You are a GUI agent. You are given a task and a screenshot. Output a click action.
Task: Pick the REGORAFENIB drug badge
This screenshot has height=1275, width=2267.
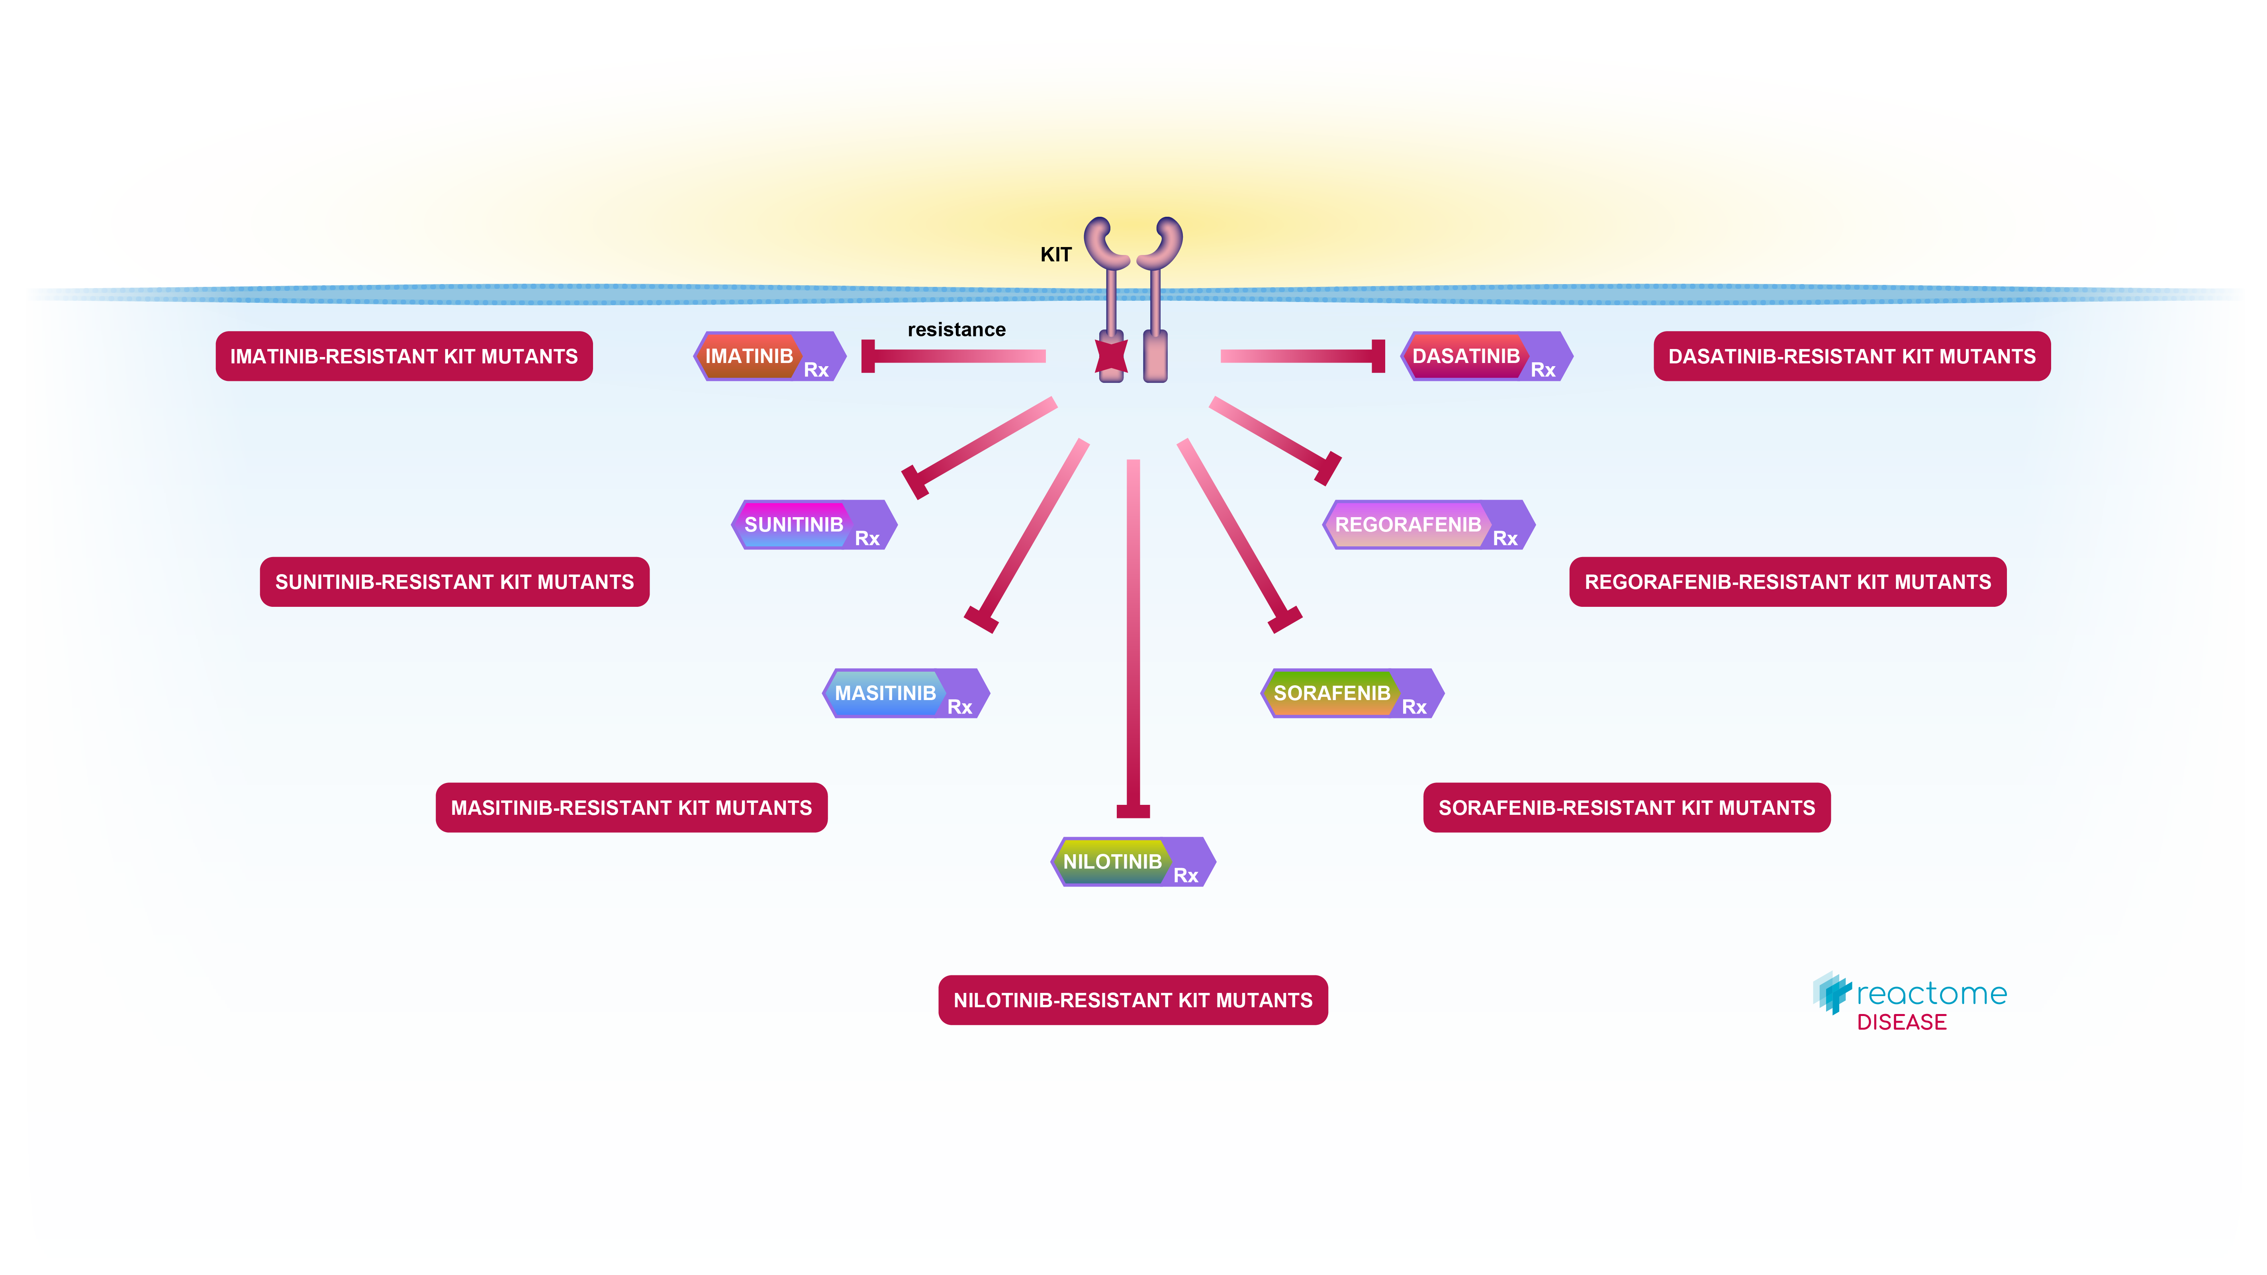[1427, 525]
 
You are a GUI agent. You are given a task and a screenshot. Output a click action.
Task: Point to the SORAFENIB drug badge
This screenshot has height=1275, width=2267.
[1351, 694]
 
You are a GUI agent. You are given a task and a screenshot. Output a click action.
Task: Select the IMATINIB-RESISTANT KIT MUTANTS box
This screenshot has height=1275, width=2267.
[404, 357]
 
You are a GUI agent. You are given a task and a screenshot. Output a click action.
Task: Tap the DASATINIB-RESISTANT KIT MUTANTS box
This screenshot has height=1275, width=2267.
[1852, 357]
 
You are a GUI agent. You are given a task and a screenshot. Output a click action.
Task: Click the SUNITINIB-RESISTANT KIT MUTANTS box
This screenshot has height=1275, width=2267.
[454, 582]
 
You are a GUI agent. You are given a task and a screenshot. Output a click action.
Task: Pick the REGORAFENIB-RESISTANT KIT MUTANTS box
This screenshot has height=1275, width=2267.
[1787, 582]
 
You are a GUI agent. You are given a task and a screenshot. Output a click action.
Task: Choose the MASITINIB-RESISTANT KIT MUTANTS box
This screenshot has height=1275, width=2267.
[631, 808]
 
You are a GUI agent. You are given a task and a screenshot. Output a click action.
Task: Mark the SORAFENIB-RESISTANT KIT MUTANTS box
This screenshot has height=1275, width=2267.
[1626, 808]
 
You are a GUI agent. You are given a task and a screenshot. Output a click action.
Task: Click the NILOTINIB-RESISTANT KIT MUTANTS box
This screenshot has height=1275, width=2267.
[1133, 1000]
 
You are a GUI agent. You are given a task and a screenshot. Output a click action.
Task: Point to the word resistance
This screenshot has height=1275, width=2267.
[957, 330]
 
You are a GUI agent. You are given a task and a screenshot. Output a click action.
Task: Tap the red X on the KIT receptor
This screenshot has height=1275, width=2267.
[1111, 357]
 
